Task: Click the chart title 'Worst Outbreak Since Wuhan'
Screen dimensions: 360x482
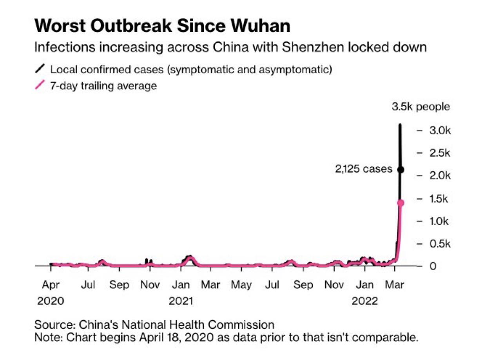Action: click(162, 26)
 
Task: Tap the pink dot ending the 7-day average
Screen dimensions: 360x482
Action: click(400, 203)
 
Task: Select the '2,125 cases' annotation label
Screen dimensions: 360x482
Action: click(363, 169)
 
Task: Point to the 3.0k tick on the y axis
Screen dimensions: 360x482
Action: click(439, 130)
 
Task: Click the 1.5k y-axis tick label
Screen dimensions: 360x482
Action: click(439, 199)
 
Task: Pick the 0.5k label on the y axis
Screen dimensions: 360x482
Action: click(439, 244)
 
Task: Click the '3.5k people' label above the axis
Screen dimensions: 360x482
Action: click(421, 107)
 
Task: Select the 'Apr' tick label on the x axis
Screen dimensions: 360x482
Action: click(51, 285)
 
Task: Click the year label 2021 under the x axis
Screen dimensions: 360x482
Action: click(181, 301)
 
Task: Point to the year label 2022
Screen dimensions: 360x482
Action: click(364, 301)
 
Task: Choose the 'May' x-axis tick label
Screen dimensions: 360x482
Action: click(241, 285)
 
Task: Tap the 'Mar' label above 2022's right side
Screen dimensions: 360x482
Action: click(395, 285)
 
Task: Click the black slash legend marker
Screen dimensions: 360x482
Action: click(40, 70)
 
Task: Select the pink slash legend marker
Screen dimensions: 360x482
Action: click(40, 86)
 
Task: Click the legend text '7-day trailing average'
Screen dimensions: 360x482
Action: click(103, 86)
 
